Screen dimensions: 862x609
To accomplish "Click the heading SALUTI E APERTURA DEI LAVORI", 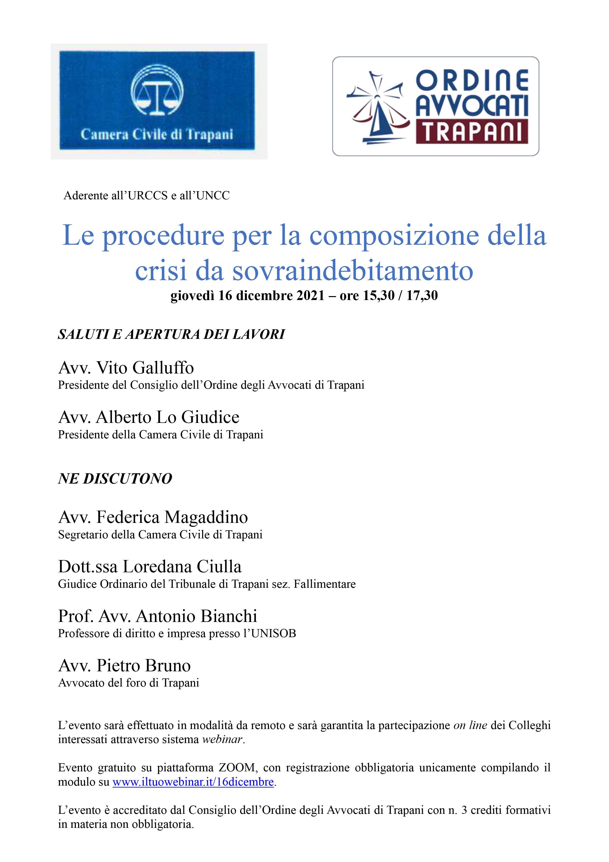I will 171,334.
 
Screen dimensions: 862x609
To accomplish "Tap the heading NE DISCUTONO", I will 115,479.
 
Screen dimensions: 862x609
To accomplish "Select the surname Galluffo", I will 163,368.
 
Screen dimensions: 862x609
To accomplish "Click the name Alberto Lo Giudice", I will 168,417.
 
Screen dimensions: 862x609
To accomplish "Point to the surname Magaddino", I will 206,517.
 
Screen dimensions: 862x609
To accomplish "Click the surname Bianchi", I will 229,616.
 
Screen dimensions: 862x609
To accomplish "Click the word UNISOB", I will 274,634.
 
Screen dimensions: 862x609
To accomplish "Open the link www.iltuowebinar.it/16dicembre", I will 193,782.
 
